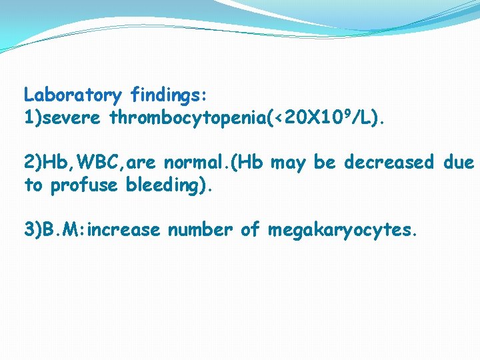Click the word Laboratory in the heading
(73, 95)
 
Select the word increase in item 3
(125, 230)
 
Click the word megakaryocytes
(341, 231)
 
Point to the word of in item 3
(250, 230)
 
